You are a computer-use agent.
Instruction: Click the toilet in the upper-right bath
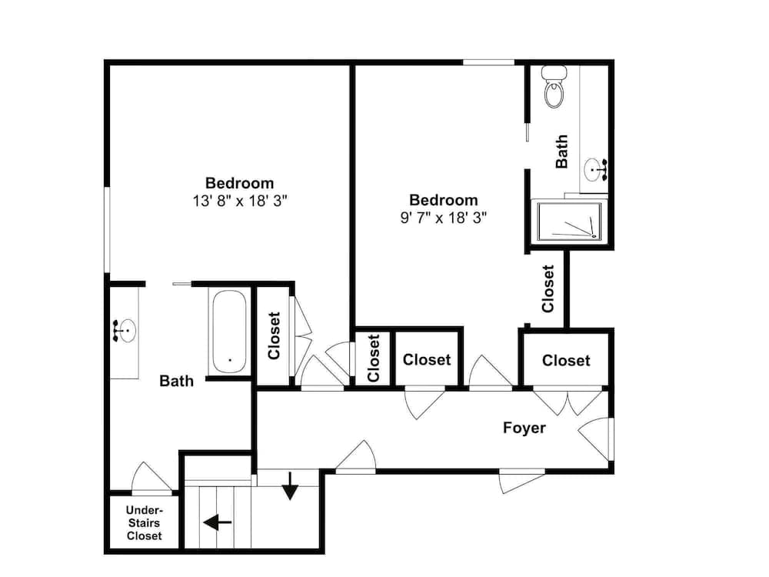point(554,87)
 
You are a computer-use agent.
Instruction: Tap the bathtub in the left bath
point(229,332)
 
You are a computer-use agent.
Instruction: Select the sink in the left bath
point(124,330)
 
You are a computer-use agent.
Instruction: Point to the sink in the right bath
point(595,170)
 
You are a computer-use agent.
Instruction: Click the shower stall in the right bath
point(569,222)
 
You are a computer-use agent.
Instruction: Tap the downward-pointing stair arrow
point(291,485)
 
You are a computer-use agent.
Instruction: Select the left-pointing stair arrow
point(218,522)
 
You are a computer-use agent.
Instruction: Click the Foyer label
point(524,427)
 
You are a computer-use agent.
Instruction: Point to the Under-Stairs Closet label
point(145,523)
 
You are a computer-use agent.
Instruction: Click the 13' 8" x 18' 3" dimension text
point(239,201)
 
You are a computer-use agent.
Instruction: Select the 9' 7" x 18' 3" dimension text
point(444,218)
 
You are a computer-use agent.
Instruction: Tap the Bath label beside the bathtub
point(177,381)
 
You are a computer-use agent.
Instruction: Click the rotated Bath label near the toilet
point(561,152)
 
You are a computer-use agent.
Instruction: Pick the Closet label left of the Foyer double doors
point(566,361)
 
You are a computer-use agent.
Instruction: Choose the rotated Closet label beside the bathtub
point(274,335)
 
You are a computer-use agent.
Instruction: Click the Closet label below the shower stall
point(548,289)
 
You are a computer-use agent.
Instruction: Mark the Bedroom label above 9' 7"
point(444,200)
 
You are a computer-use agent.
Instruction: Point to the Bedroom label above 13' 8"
point(239,183)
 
